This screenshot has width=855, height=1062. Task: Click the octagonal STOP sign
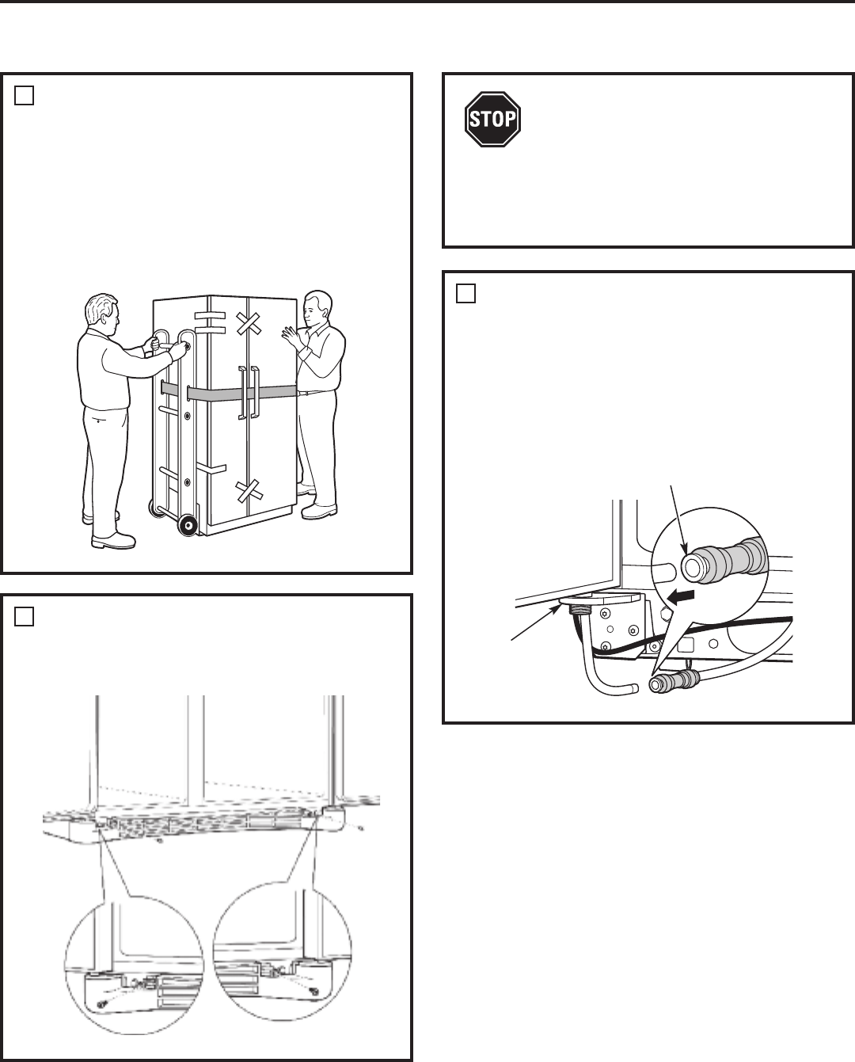coord(492,119)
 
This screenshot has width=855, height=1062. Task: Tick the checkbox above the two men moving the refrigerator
coord(25,95)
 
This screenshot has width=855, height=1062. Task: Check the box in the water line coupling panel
coord(466,293)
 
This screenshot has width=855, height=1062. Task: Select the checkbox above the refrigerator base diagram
coord(25,617)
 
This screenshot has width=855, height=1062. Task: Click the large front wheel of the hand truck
coord(188,525)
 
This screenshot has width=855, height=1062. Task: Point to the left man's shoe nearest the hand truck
coord(113,542)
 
